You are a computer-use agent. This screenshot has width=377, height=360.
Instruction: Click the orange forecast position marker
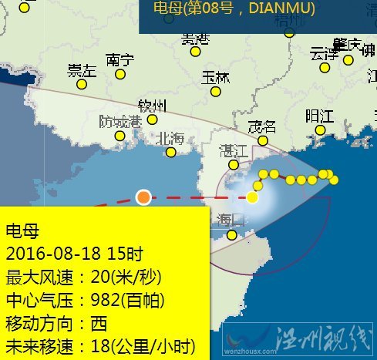(x=143, y=197)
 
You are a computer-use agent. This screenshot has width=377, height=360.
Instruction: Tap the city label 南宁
(x=120, y=59)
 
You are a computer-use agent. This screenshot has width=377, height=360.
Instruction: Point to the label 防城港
(x=120, y=121)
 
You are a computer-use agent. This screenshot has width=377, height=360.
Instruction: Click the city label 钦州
(x=152, y=105)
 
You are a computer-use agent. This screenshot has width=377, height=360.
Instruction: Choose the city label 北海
(x=170, y=139)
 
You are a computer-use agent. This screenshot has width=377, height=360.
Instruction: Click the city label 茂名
(x=261, y=127)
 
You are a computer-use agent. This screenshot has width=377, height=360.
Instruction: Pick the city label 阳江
(x=319, y=116)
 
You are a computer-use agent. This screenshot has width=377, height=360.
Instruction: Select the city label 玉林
(x=216, y=78)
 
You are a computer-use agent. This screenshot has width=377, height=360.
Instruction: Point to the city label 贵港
(x=195, y=39)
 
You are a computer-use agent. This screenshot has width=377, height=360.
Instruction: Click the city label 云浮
(x=324, y=54)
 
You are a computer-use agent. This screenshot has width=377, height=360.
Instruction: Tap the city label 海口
(x=231, y=220)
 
